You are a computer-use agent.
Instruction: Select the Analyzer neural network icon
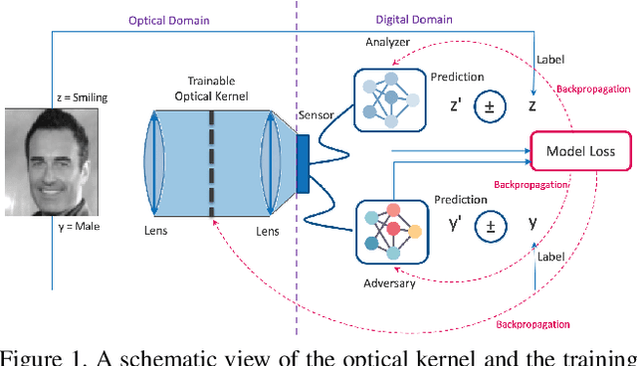click(x=389, y=98)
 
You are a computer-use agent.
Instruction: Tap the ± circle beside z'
click(x=489, y=105)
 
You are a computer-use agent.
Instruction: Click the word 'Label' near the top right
click(x=549, y=58)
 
